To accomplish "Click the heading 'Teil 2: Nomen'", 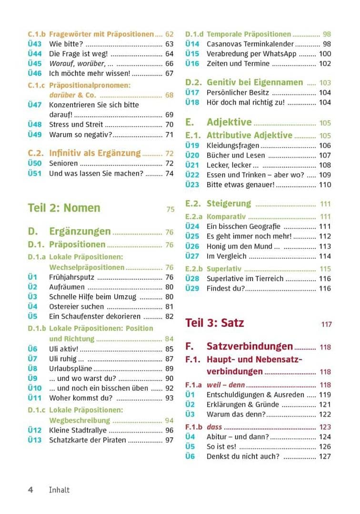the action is (x=64, y=208).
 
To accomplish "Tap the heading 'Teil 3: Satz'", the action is (x=214, y=323).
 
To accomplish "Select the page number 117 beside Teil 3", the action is (x=327, y=324).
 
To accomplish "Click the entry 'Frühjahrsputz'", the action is (x=71, y=277).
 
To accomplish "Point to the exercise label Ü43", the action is (x=34, y=44).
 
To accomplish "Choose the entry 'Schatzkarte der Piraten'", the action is (x=88, y=440).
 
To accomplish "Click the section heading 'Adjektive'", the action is (x=229, y=122).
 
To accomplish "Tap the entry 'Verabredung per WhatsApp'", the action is (x=251, y=54).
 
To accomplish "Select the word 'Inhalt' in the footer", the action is (x=60, y=490).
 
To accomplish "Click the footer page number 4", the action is (x=30, y=490).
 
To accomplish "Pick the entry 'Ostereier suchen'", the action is (x=76, y=306).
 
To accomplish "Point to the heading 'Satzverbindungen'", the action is (x=250, y=346).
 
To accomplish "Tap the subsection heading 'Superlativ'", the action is (x=224, y=269).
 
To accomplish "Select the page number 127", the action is (x=325, y=456).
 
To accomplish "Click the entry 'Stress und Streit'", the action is (x=76, y=125).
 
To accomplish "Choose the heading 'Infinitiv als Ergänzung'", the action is (x=95, y=153).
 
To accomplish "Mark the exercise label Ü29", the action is (x=192, y=288).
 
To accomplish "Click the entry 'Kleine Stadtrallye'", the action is (x=78, y=430).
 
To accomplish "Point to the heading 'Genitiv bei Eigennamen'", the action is (x=255, y=82).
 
